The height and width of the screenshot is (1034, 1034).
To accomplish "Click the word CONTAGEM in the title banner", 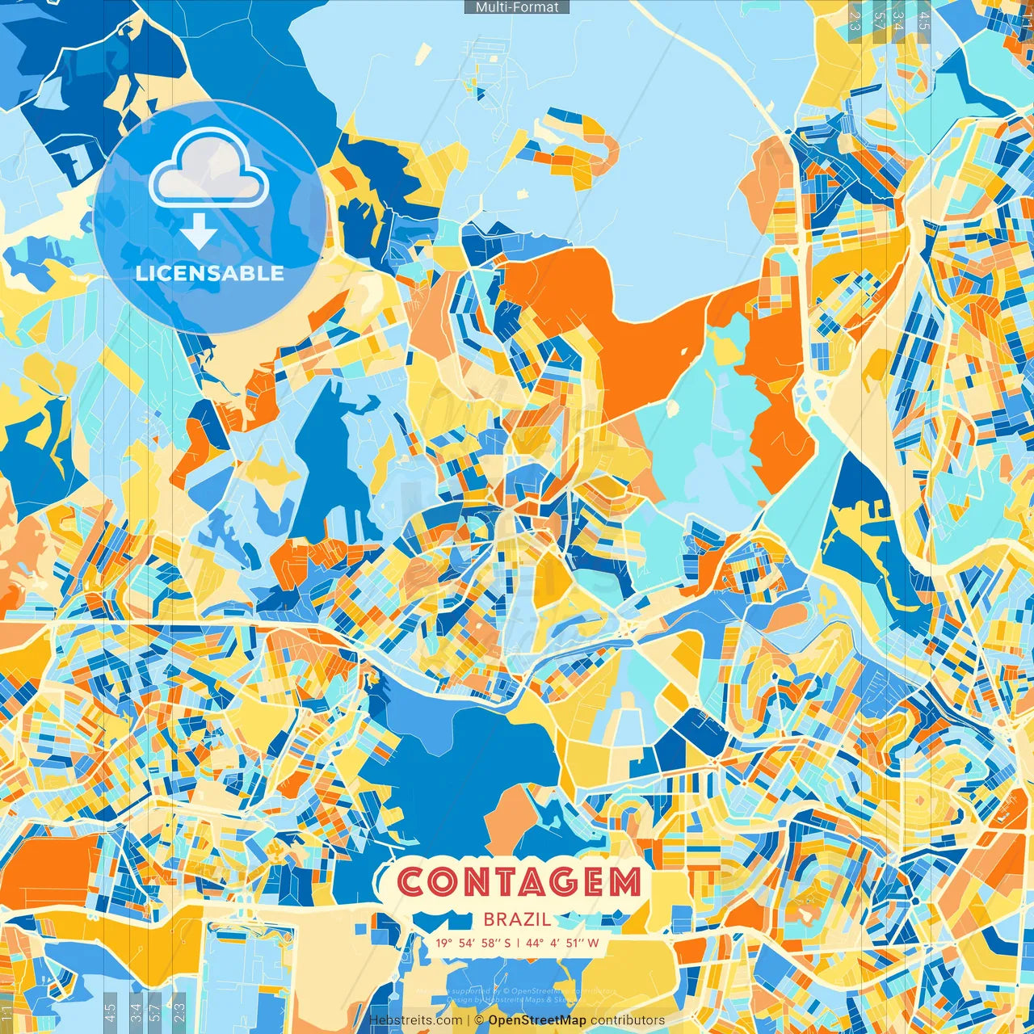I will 519,882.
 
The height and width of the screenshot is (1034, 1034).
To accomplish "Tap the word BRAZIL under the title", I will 517,919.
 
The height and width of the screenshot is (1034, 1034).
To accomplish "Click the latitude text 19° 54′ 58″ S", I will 473,943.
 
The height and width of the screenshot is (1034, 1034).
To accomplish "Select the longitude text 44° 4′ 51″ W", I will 564,943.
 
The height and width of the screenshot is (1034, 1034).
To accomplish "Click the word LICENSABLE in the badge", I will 209,273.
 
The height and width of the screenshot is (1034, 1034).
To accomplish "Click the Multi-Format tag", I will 517,7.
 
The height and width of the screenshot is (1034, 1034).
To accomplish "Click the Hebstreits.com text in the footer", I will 416,1020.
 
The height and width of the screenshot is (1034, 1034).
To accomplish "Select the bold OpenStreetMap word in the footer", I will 537,1020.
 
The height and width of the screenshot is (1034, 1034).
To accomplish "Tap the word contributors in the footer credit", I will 628,1020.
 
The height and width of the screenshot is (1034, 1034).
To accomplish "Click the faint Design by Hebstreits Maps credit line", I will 517,999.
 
